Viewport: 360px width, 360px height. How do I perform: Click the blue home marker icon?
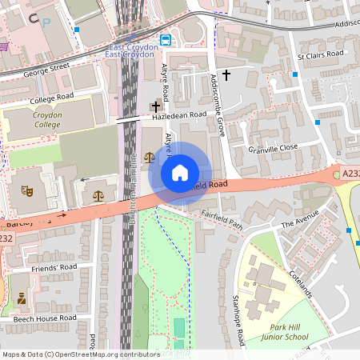(180, 173)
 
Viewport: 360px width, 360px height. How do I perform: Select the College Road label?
(51, 101)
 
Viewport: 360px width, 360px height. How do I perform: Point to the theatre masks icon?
(26, 191)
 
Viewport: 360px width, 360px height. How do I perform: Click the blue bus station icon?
(166, 40)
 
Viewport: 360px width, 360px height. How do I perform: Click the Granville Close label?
(274, 148)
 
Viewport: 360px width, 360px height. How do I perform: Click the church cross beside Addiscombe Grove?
(226, 75)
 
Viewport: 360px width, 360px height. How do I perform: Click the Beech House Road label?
(44, 318)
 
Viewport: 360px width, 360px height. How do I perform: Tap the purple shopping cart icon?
(4, 46)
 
